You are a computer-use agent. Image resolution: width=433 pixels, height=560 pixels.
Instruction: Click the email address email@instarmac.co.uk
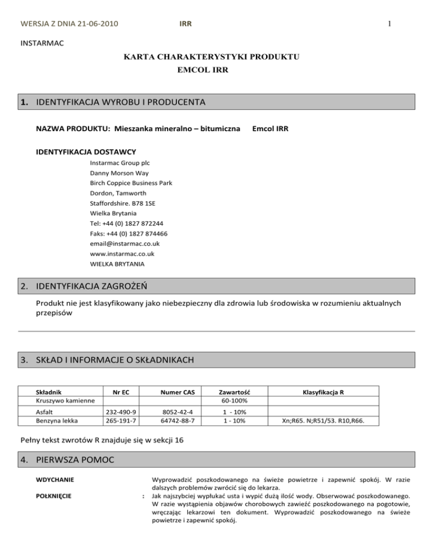(x=125, y=243)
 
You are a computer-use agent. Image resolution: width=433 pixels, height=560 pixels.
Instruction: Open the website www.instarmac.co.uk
(x=122, y=254)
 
